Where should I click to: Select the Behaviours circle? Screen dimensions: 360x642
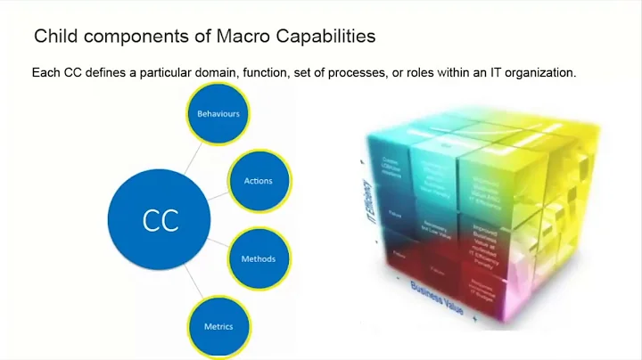[x=218, y=114]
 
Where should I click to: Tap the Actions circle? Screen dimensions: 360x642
[x=258, y=181]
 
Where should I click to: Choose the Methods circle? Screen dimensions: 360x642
[x=258, y=259]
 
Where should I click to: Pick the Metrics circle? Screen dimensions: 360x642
[x=218, y=326]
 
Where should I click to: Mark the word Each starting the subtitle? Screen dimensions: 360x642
[x=45, y=73]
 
